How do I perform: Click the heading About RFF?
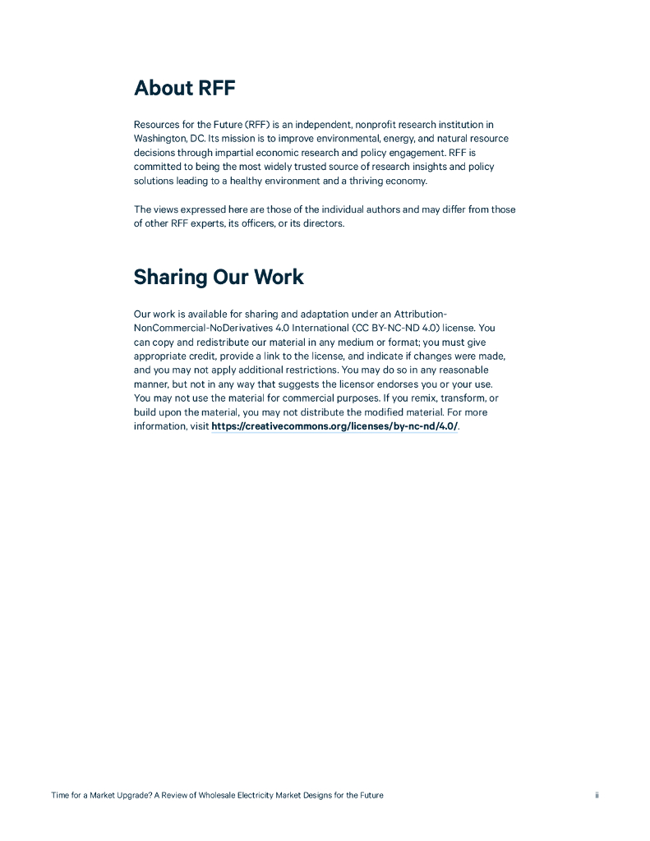(x=185, y=88)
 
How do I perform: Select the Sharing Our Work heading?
(x=219, y=277)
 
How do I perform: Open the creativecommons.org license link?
(x=334, y=426)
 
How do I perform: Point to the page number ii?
(x=597, y=795)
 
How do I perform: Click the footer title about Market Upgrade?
(x=217, y=795)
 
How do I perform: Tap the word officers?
(x=254, y=223)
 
